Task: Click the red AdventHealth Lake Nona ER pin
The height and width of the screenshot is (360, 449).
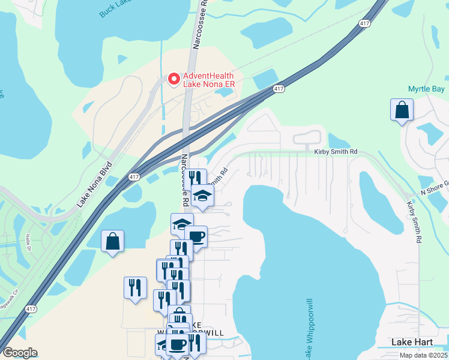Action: pos(173,79)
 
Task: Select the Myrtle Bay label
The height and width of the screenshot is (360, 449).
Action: pos(426,89)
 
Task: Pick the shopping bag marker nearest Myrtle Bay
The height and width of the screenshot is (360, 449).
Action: pos(402,110)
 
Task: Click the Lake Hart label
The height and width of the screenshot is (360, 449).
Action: pos(412,342)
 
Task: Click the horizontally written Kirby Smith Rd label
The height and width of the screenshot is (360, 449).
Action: pos(336,152)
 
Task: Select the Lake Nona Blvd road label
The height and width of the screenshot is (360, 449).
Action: pos(94,184)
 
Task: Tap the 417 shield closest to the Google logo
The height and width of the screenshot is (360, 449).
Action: pos(30,309)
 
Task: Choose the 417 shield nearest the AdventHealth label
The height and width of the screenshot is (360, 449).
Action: pos(278,89)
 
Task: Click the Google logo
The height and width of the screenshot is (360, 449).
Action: pos(20,353)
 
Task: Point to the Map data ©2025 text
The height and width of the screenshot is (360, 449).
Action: pos(421,355)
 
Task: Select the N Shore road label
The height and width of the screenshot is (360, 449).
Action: pos(433,190)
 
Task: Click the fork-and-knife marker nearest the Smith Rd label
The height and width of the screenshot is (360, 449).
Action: pos(195,178)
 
